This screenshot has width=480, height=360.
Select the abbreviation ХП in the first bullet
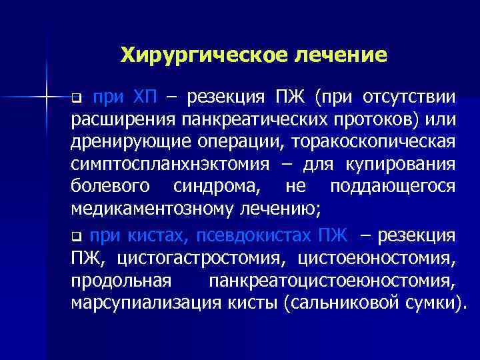tap(145, 99)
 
